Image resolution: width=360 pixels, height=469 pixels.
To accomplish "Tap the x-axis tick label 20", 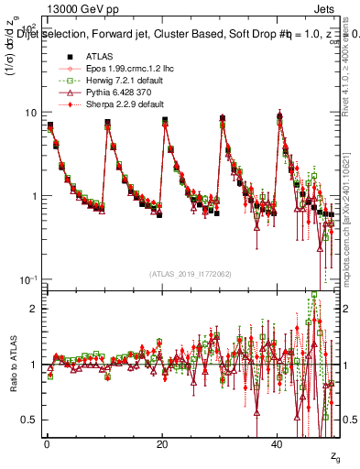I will pyautogui.click(x=162, y=444).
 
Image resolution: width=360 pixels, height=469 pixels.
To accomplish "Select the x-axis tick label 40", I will pyautogui.click(x=278, y=444).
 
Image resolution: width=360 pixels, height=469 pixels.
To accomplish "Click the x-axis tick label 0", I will pyautogui.click(x=47, y=444).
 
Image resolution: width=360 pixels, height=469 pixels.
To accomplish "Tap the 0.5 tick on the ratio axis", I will pyautogui.click(x=29, y=420).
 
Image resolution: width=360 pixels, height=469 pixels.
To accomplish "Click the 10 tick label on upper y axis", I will pyautogui.click(x=30, y=113).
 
